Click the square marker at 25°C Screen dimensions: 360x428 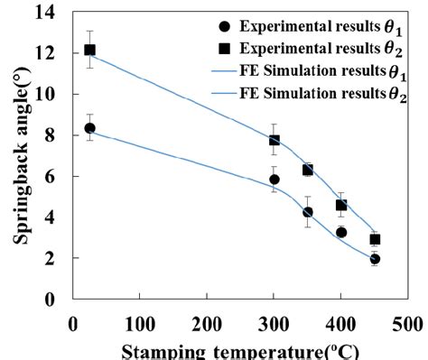(89, 51)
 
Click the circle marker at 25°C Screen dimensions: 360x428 (89, 128)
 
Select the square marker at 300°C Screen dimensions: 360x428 (274, 140)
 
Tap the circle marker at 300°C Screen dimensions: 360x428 (274, 180)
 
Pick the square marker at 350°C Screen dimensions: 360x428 (308, 170)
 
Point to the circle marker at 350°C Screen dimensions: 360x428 (308, 212)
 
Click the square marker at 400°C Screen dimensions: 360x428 (341, 205)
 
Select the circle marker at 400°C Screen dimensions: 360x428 (341, 232)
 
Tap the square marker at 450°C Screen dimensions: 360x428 (375, 239)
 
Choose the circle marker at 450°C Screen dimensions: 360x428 (375, 259)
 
